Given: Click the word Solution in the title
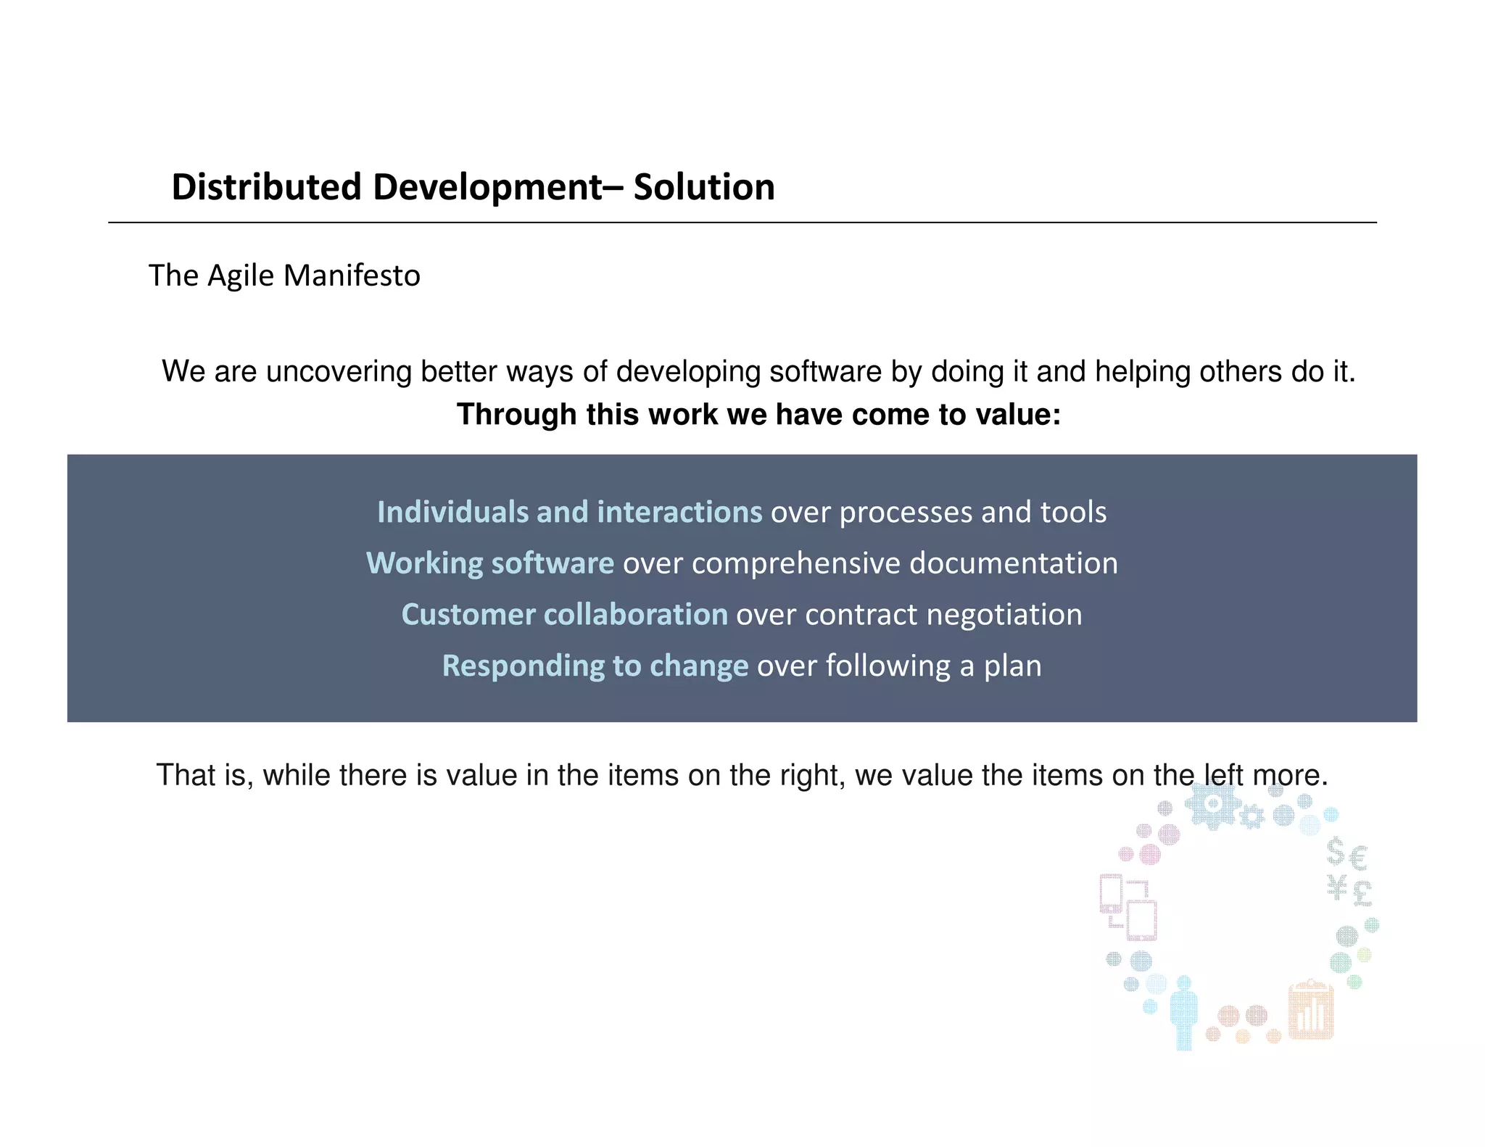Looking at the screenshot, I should pos(704,187).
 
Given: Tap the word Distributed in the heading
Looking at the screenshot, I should pos(266,187).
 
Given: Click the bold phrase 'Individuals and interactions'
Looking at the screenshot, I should pos(569,512).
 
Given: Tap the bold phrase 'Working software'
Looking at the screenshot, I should pos(490,563).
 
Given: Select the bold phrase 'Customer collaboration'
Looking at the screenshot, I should pos(564,615).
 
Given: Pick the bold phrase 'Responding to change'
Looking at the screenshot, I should pos(595,666).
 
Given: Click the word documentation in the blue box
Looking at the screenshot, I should pos(1014,563).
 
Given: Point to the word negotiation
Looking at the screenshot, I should pos(1004,615).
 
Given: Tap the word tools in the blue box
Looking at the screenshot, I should pos(1073,512).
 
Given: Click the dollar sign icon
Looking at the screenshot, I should pos(1335,851).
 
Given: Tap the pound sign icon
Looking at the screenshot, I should pos(1362,893).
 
